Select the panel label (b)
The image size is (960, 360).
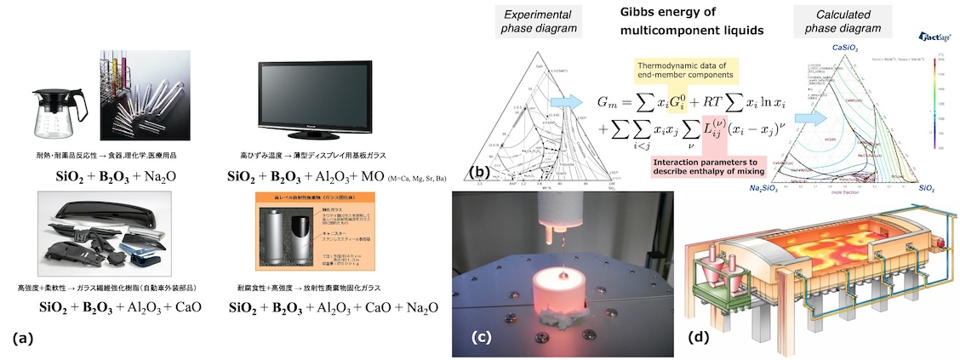[x=481, y=172]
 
